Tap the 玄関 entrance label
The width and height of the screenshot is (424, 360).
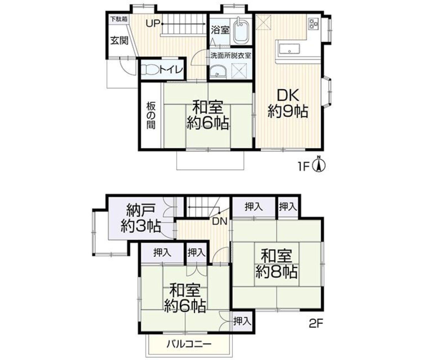119,41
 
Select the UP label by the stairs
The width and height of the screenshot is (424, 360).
153,24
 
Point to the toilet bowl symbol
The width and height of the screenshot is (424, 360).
150,70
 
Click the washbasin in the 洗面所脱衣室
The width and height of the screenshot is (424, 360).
218,72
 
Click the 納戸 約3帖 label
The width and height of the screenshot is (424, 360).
140,218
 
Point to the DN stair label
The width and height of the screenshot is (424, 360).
219,221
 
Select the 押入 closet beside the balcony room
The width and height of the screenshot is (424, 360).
242,321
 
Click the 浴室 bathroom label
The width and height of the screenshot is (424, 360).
220,31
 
